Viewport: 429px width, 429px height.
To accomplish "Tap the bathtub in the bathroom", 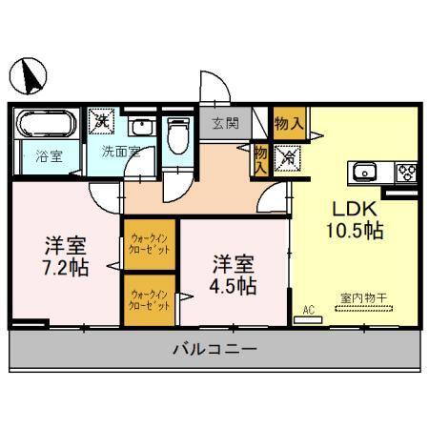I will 44,124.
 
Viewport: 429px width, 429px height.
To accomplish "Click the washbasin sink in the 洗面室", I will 140,128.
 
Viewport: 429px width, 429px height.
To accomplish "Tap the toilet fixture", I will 177,133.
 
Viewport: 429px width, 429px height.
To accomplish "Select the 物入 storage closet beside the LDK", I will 288,121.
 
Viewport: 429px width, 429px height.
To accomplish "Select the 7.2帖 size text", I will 65,266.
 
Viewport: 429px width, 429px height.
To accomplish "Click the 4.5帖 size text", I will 232,283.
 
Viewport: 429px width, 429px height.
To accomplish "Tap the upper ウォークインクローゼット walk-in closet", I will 150,245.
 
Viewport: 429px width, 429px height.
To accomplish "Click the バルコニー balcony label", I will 214,350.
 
